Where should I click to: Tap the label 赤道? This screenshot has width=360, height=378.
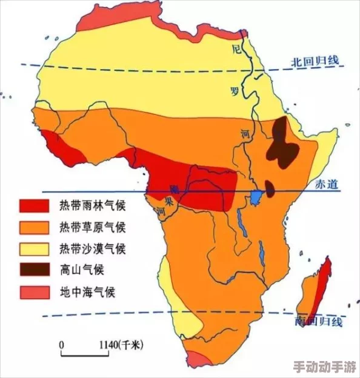click(325, 185)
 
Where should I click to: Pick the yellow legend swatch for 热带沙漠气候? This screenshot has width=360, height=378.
click(34, 249)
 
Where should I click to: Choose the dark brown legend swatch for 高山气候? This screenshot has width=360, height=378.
click(34, 270)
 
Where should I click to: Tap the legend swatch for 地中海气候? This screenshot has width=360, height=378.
click(34, 292)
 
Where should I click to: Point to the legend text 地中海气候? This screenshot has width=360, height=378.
click(87, 292)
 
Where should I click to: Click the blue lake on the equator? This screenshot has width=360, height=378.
click(256, 196)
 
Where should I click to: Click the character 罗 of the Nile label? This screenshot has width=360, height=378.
click(235, 91)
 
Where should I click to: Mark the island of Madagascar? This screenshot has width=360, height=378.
click(316, 291)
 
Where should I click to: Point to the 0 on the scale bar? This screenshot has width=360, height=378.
click(61, 345)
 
